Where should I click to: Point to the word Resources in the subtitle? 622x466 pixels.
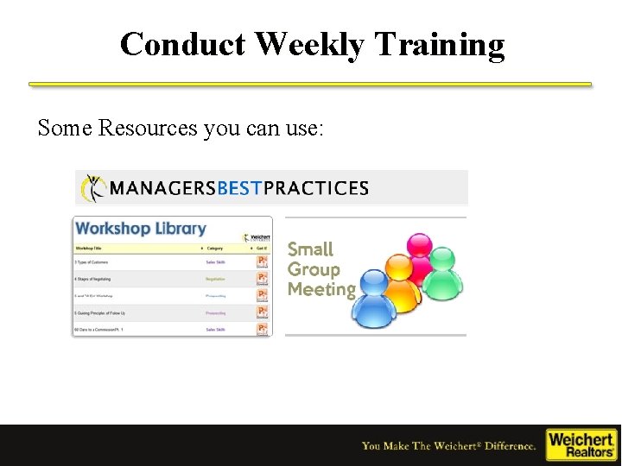148,129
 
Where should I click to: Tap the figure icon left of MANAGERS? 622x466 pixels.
93,188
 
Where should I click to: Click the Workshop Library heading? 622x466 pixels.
140,229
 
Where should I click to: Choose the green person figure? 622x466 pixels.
443,276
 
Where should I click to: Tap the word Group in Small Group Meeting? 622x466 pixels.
313,269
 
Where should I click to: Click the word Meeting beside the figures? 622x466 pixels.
321,290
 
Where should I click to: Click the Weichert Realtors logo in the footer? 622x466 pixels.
581,444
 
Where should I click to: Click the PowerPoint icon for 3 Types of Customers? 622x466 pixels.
262,261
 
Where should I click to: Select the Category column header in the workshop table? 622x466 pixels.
215,249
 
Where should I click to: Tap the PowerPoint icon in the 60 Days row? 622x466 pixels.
262,329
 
